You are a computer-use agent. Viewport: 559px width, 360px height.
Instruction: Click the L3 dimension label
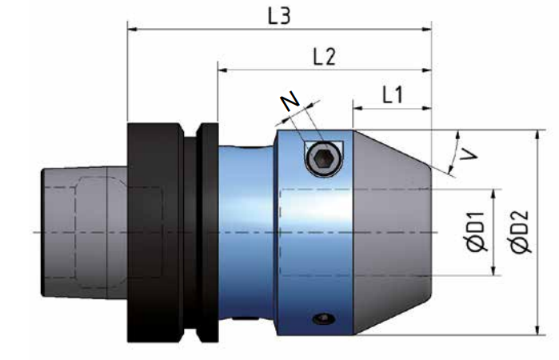pos(278,17)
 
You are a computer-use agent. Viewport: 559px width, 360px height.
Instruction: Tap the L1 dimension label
pos(392,95)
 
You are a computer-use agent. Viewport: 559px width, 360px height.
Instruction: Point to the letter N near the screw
pos(289,102)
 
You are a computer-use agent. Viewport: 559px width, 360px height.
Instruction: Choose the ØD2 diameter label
pos(525,233)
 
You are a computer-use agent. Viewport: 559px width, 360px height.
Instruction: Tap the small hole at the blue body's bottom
pos(323,320)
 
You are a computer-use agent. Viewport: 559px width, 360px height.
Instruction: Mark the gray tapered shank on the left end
pos(80,232)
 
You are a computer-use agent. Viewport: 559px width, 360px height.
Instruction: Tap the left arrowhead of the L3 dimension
pos(133,30)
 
